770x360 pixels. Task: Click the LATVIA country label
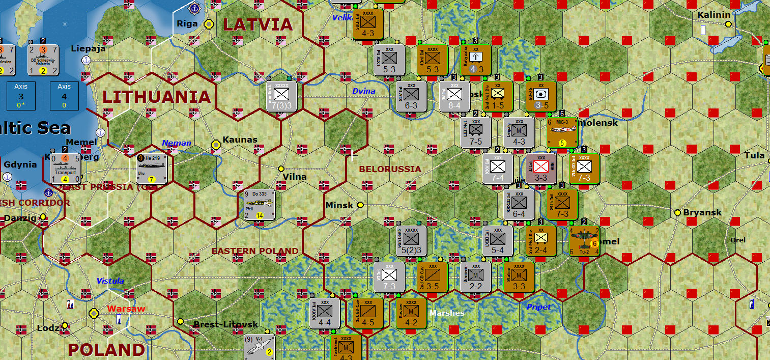coord(258,24)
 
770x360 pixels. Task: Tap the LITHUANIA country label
coord(157,97)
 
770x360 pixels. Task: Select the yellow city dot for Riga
coord(209,24)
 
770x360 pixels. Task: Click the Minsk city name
coord(339,205)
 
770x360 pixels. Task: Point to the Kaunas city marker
coord(216,145)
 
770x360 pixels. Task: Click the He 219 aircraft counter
coord(152,169)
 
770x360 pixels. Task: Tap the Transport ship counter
coord(66,169)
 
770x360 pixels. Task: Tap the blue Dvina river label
coord(364,91)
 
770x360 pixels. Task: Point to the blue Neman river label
coord(177,144)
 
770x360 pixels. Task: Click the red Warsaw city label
coord(126,309)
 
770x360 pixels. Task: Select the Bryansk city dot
coord(678,212)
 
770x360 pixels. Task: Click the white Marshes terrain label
coord(447,313)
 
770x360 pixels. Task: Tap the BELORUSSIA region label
coord(390,169)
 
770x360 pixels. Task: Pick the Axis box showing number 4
coord(64,95)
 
